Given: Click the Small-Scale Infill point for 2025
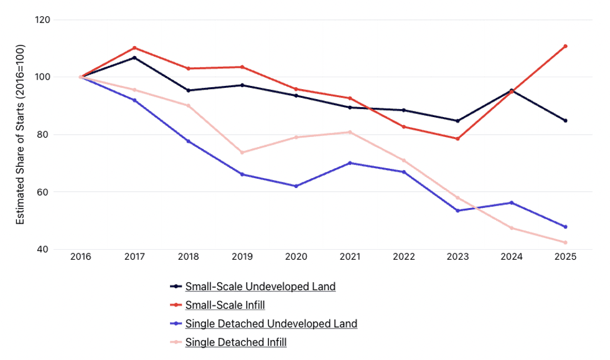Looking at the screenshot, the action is pyautogui.click(x=565, y=46).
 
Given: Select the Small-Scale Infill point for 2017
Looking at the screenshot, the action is pyautogui.click(x=134, y=48).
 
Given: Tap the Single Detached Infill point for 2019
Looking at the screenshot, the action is pyautogui.click(x=242, y=153).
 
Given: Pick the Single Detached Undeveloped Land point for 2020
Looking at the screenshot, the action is pyautogui.click(x=296, y=186).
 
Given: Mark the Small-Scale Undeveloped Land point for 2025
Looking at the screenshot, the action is pyautogui.click(x=565, y=121).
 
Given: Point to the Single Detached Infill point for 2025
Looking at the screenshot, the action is pyautogui.click(x=565, y=242).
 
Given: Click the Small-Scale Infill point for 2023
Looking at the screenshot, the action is pyautogui.click(x=457, y=138).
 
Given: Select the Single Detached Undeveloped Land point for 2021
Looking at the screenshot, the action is pyautogui.click(x=350, y=163).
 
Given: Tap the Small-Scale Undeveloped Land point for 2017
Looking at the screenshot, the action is pyautogui.click(x=134, y=58).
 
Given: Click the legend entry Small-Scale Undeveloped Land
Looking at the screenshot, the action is pyautogui.click(x=260, y=287).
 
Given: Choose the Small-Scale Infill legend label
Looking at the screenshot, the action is pyautogui.click(x=225, y=305).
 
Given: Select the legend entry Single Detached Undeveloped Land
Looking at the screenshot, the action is pyautogui.click(x=271, y=324).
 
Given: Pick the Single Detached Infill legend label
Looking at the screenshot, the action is pyautogui.click(x=236, y=343).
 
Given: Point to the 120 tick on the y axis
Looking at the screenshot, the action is pyautogui.click(x=43, y=20).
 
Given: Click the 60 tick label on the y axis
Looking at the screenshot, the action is pyautogui.click(x=44, y=192).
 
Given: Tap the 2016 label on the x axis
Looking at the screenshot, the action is pyautogui.click(x=80, y=257).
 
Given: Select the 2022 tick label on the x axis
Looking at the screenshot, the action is pyautogui.click(x=404, y=257).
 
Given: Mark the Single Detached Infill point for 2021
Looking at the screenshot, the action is pyautogui.click(x=350, y=132).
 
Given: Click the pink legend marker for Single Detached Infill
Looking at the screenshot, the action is pyautogui.click(x=176, y=343).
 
